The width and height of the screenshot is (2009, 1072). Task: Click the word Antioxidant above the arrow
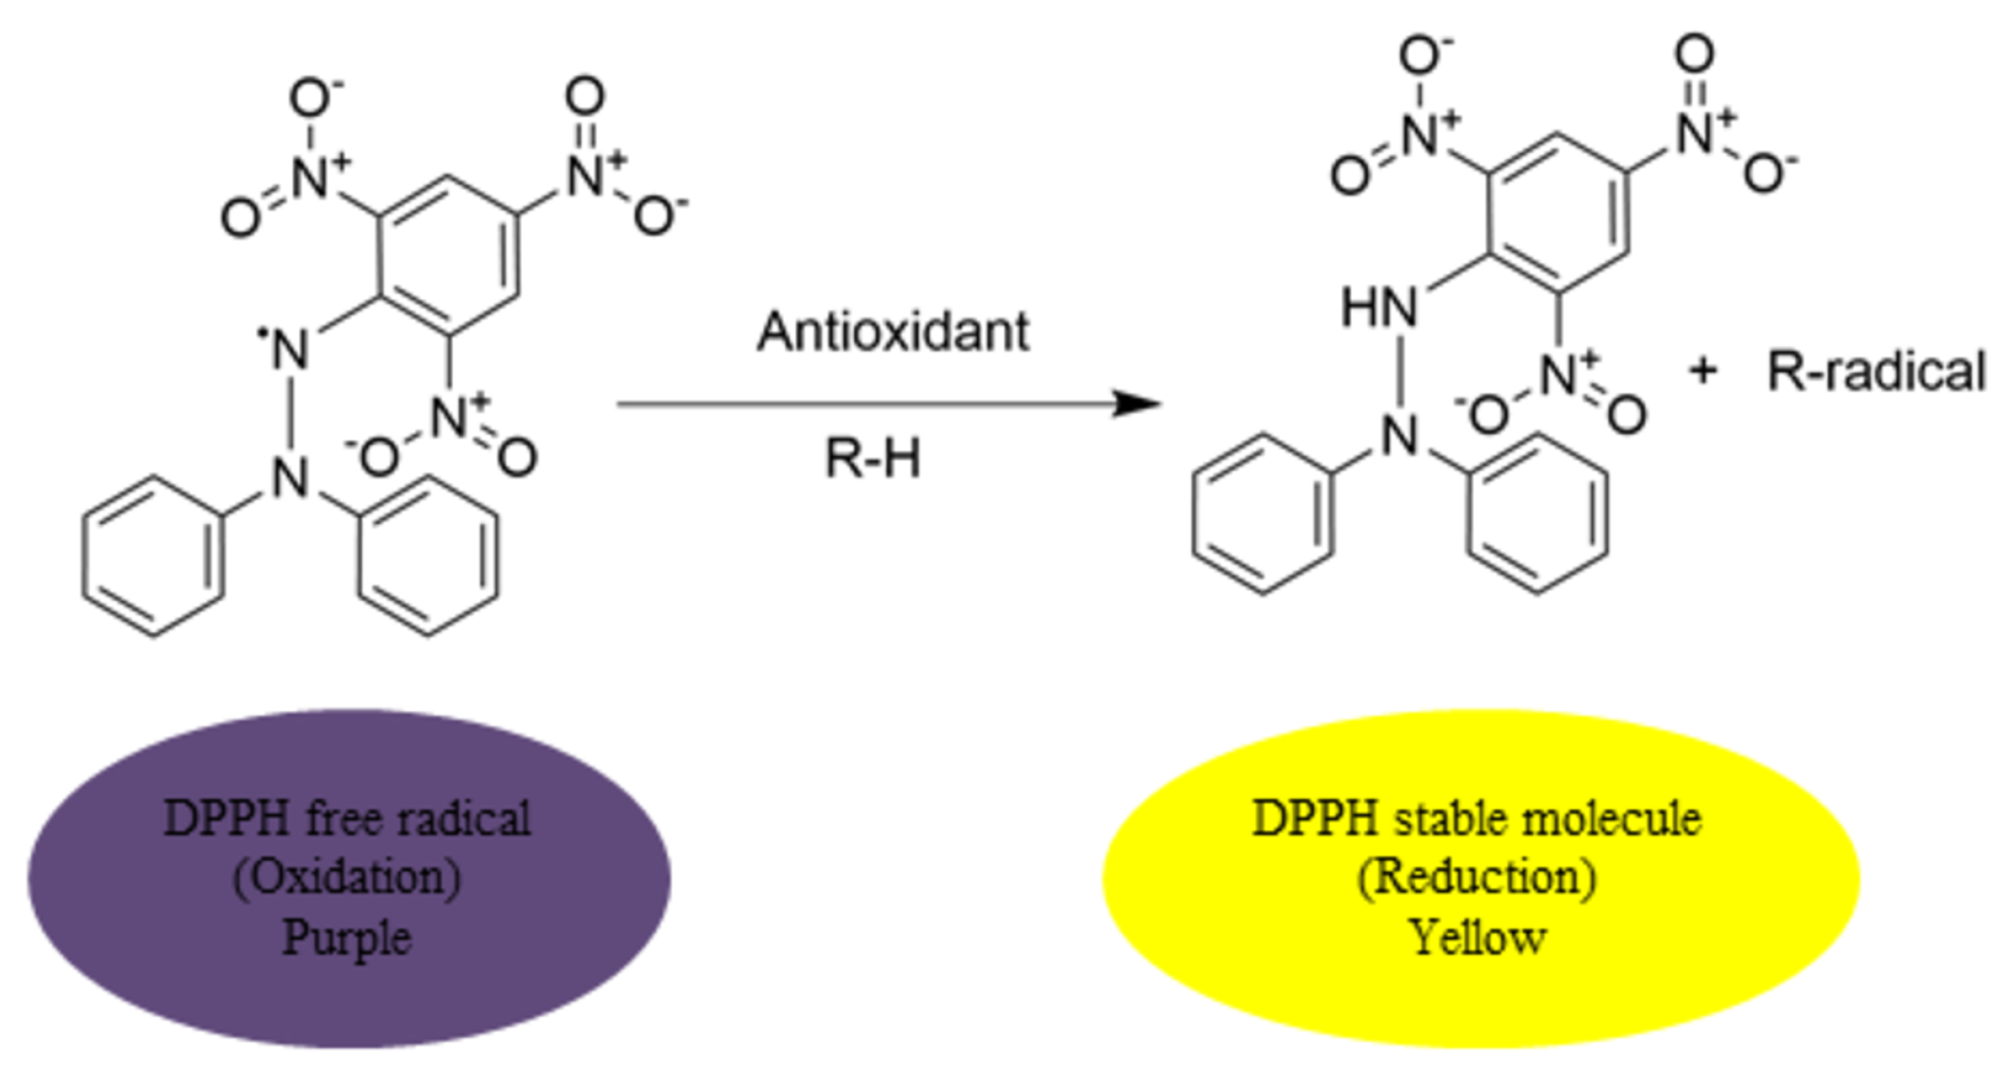tap(892, 332)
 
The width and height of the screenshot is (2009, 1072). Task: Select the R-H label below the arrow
tap(872, 458)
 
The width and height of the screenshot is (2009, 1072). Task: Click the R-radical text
tap(1876, 371)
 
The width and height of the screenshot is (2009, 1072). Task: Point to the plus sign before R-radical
tap(1703, 371)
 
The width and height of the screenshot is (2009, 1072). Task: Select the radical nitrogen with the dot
tap(288, 350)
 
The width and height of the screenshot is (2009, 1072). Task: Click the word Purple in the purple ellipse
tap(347, 938)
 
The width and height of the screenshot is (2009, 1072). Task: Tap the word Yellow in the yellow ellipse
tap(1478, 938)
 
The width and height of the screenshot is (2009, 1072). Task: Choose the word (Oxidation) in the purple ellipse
tap(347, 877)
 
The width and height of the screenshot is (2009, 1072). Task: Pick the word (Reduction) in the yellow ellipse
tap(1477, 877)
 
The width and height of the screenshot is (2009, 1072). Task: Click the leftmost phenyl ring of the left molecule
tap(154, 556)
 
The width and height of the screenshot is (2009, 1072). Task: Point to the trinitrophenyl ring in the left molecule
tap(448, 255)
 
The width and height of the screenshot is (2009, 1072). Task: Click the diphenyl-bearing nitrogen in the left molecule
tap(290, 477)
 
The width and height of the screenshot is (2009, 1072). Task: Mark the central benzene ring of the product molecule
tap(1558, 214)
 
